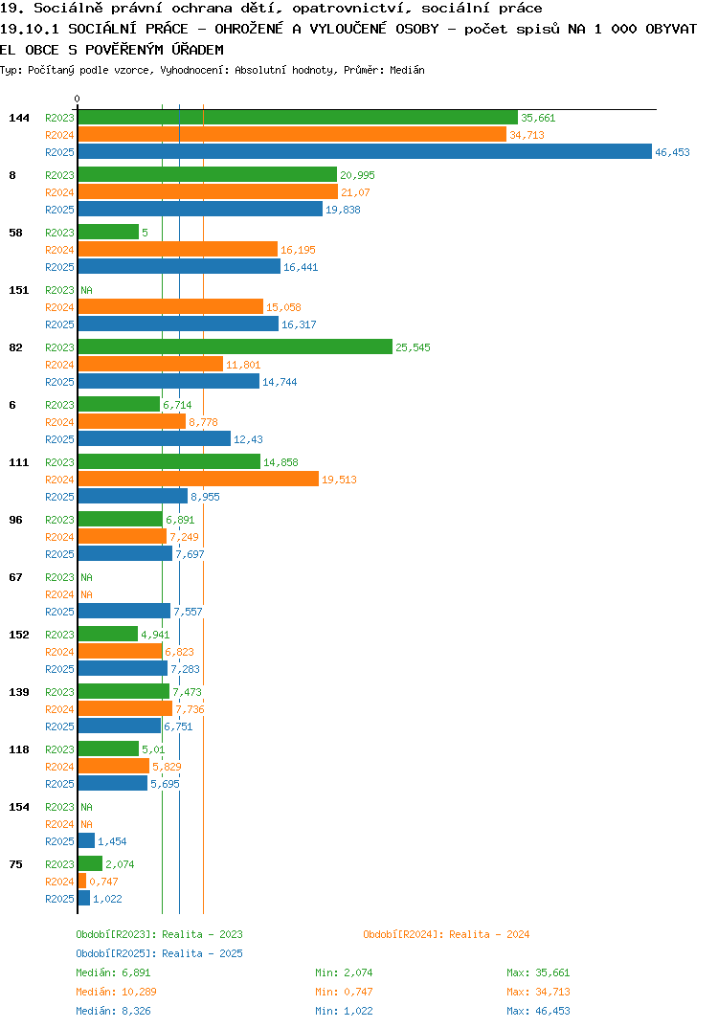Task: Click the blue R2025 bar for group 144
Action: pos(366,151)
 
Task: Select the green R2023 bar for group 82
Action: pos(236,346)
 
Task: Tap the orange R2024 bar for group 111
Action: pos(199,480)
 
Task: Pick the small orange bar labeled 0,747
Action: pos(82,882)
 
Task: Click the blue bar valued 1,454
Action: pos(86,841)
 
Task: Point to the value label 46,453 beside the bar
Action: pos(672,152)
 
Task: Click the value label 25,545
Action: pos(414,347)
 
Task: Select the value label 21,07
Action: pos(355,192)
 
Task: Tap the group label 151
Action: pos(19,290)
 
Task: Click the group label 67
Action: pos(15,577)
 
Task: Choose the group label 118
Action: pos(19,749)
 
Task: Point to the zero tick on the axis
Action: pos(78,99)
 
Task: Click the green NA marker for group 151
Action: pos(86,290)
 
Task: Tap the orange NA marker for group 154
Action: pos(86,824)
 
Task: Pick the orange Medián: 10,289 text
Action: pos(116,992)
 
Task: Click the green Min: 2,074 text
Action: pos(344,972)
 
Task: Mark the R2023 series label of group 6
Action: pos(59,405)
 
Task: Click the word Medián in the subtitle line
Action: pos(407,70)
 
